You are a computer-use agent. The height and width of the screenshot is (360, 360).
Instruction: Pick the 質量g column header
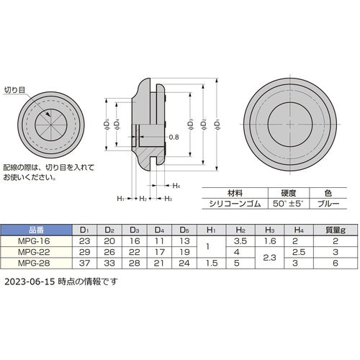coord(335,231)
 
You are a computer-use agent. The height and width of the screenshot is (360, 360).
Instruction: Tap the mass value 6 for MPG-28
coord(335,263)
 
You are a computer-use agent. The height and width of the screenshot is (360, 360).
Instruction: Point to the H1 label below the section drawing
coord(120,198)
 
